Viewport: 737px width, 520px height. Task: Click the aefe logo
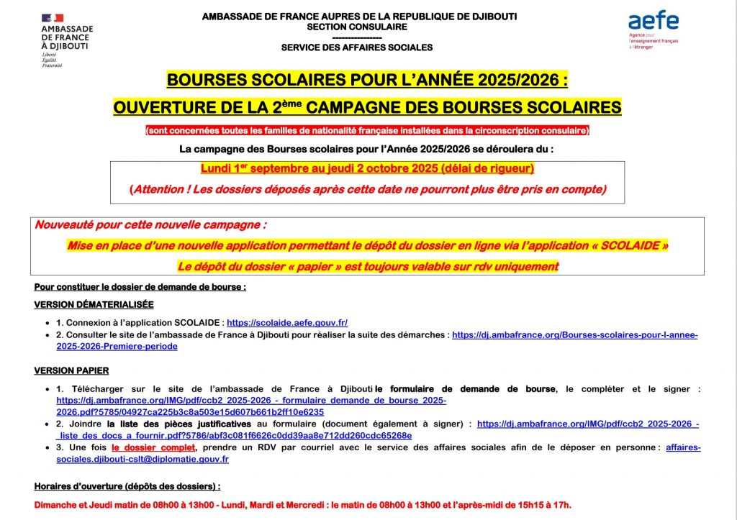[x=653, y=22]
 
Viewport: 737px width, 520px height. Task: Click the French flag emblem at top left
[x=52, y=17]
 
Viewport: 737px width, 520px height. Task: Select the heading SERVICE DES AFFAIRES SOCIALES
[x=357, y=47]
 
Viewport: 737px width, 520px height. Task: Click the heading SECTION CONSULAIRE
[x=357, y=27]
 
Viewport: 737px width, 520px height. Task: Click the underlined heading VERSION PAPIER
[x=71, y=371]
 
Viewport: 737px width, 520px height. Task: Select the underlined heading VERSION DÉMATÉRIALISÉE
[x=94, y=305]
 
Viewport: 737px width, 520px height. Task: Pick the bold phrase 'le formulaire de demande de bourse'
[x=465, y=389]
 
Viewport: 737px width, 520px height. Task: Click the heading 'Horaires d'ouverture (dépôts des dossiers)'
[x=127, y=486]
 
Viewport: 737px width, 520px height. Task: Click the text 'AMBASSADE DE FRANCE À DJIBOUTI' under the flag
[x=67, y=37]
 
